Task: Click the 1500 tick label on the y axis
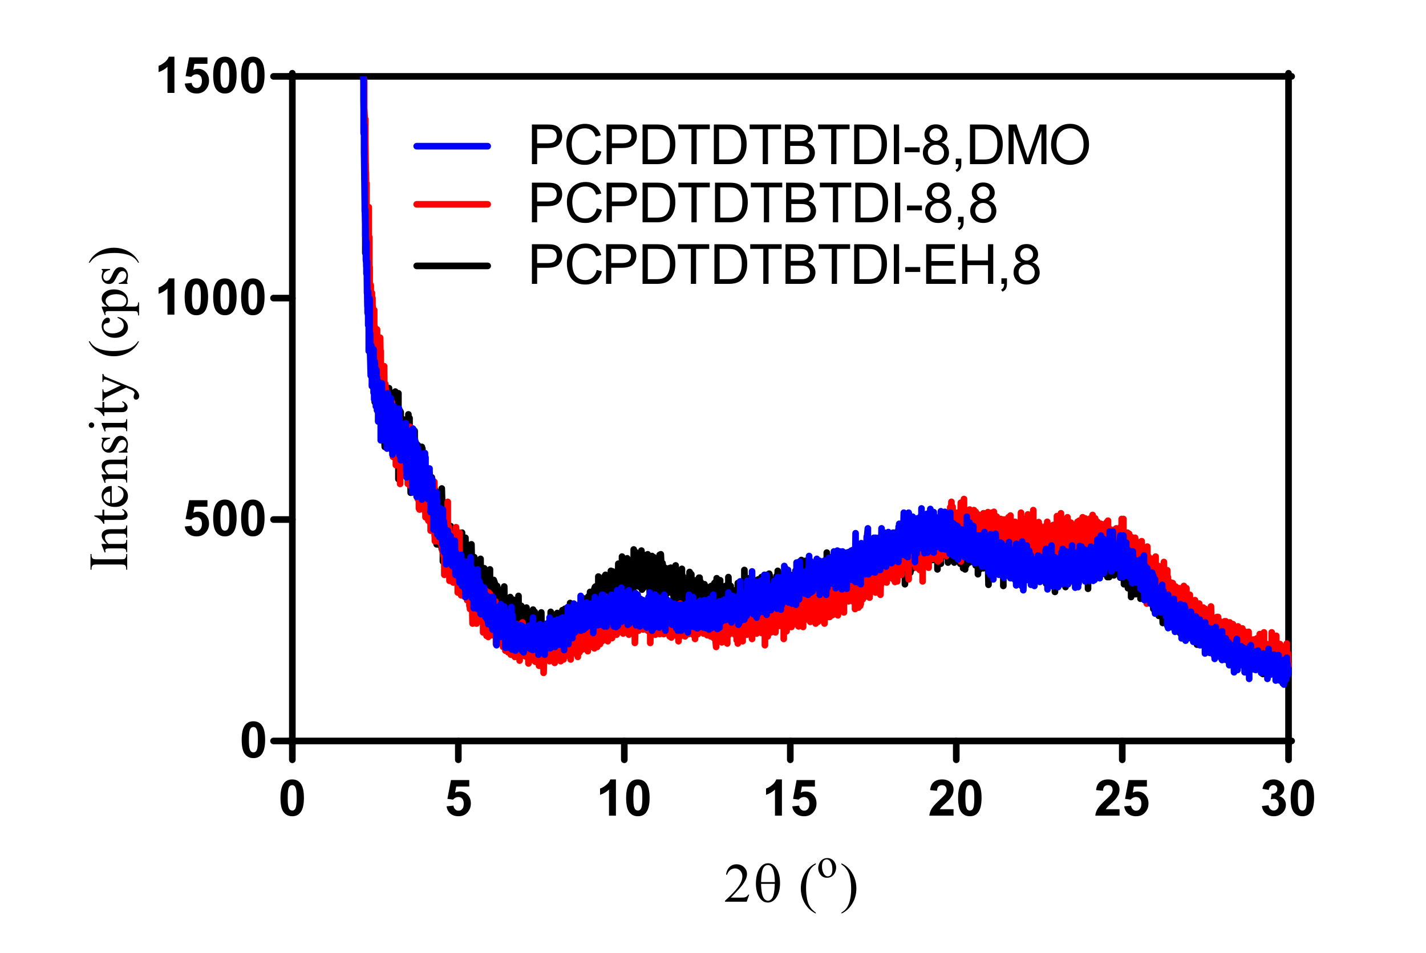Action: (x=210, y=76)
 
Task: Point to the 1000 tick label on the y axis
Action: (x=210, y=299)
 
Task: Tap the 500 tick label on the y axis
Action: (x=224, y=520)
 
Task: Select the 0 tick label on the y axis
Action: (x=253, y=742)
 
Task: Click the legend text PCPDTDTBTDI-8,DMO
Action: (x=809, y=146)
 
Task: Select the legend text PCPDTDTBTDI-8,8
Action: (x=763, y=204)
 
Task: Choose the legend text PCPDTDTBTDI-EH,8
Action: (x=785, y=266)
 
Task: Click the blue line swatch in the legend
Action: (x=452, y=146)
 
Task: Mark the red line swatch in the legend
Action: (x=452, y=204)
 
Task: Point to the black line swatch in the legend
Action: (x=452, y=266)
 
